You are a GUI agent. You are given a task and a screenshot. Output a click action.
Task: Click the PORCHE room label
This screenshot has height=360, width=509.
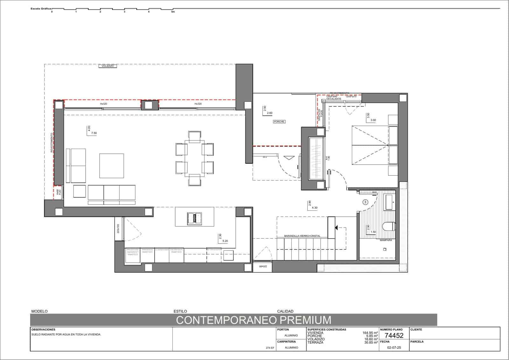[x=279, y=122]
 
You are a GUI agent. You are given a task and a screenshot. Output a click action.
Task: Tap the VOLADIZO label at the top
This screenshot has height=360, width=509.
[x=108, y=66]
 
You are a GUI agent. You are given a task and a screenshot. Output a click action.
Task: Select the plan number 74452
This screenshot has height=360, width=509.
[x=394, y=335]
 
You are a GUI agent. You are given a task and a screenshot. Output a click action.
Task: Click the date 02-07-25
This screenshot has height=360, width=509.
[x=394, y=348]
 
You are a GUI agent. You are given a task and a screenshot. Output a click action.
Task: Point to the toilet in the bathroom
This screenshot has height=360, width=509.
[x=389, y=227]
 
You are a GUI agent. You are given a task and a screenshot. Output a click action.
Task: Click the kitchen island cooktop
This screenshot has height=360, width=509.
[x=194, y=218]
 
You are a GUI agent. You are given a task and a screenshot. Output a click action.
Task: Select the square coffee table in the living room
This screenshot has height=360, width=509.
[x=111, y=166]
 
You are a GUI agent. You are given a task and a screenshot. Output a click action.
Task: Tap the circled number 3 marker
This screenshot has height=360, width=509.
[x=365, y=202]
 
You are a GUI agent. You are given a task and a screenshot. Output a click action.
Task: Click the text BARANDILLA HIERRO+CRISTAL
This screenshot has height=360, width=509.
[x=302, y=236]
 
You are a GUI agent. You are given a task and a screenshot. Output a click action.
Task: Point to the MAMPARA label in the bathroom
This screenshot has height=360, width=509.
[x=386, y=241]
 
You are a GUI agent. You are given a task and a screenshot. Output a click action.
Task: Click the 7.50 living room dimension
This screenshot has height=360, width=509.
[x=94, y=133]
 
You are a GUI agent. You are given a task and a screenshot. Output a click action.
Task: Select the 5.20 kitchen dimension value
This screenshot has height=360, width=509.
[x=225, y=241]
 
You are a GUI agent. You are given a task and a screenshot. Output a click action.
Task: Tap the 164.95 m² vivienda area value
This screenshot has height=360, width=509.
[x=370, y=333]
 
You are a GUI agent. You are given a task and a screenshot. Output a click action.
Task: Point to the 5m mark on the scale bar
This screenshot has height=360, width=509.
[x=173, y=12]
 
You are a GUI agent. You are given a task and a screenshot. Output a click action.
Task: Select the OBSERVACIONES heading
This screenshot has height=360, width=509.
[x=43, y=329]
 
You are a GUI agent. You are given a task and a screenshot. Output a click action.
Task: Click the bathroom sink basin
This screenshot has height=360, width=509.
[x=389, y=201]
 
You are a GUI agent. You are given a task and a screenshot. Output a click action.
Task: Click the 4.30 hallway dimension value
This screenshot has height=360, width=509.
[x=315, y=208]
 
